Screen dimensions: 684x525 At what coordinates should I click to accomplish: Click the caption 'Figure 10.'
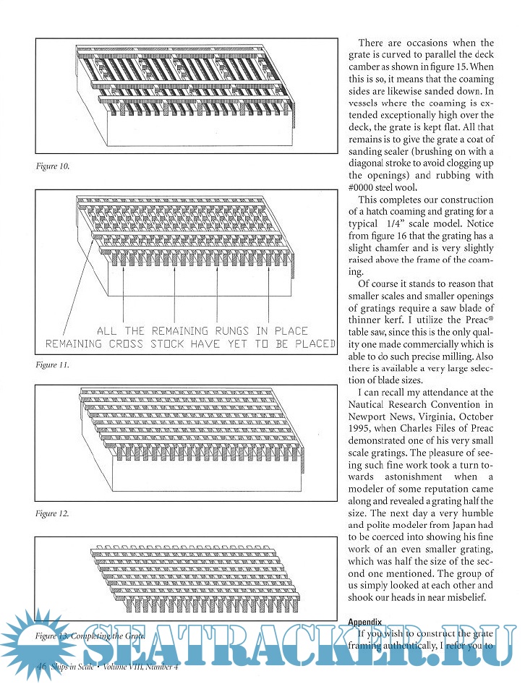tap(53, 166)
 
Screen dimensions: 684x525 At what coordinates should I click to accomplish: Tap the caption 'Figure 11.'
tap(53, 365)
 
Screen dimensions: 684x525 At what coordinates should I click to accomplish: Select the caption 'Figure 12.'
tap(53, 513)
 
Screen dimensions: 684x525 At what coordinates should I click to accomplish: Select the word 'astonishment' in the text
tap(406, 476)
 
